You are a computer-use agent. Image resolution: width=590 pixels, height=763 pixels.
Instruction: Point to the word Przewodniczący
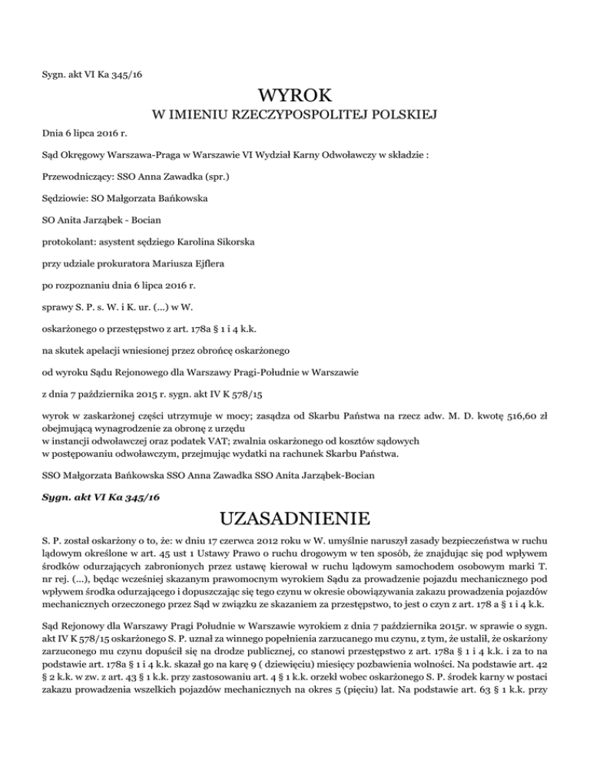74,176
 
